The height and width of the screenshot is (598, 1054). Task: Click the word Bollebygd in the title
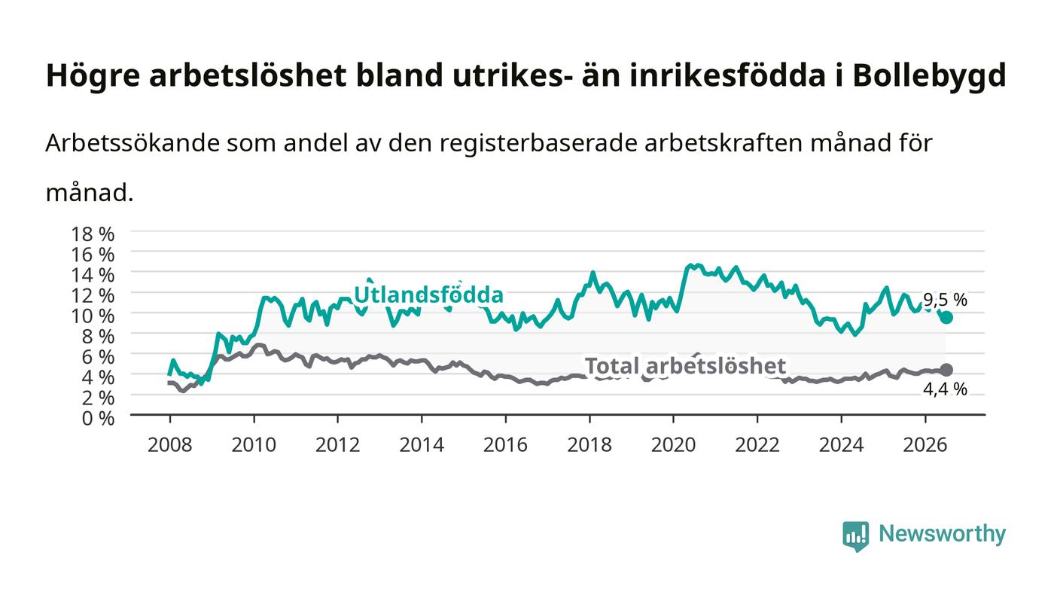click(929, 75)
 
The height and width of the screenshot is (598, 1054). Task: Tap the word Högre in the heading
click(93, 76)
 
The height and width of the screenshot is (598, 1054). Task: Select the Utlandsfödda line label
click(428, 294)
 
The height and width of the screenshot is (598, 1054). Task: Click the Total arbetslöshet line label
click(685, 366)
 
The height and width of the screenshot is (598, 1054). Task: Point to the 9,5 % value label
click(945, 300)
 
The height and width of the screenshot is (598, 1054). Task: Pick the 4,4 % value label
click(945, 389)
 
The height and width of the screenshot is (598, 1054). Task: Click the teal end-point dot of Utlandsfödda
click(947, 317)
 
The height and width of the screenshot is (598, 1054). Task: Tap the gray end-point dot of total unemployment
click(947, 370)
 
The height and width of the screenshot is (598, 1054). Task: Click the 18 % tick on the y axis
click(93, 234)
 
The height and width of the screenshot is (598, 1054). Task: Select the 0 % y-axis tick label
click(99, 418)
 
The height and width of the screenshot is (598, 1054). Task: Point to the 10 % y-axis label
click(93, 316)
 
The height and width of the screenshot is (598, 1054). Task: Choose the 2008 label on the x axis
click(170, 445)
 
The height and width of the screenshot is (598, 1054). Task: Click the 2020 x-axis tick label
click(673, 445)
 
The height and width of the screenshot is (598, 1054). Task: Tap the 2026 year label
click(925, 445)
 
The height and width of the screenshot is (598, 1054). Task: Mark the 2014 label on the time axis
click(422, 445)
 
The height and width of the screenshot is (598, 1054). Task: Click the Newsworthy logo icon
click(856, 536)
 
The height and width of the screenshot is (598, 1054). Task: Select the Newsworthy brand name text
click(942, 534)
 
